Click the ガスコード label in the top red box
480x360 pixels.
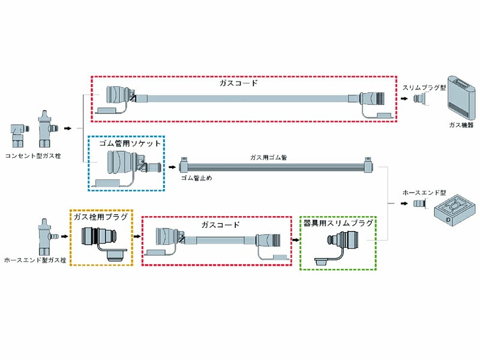pyautogui.click(x=238, y=83)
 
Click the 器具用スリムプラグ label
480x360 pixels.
pyautogui.click(x=338, y=223)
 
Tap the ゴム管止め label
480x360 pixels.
pyautogui.click(x=196, y=178)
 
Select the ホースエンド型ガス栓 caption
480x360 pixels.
pyautogui.click(x=34, y=260)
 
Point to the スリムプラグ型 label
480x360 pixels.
pyautogui.click(x=424, y=87)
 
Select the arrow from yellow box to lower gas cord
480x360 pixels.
pyautogui.click(x=136, y=236)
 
